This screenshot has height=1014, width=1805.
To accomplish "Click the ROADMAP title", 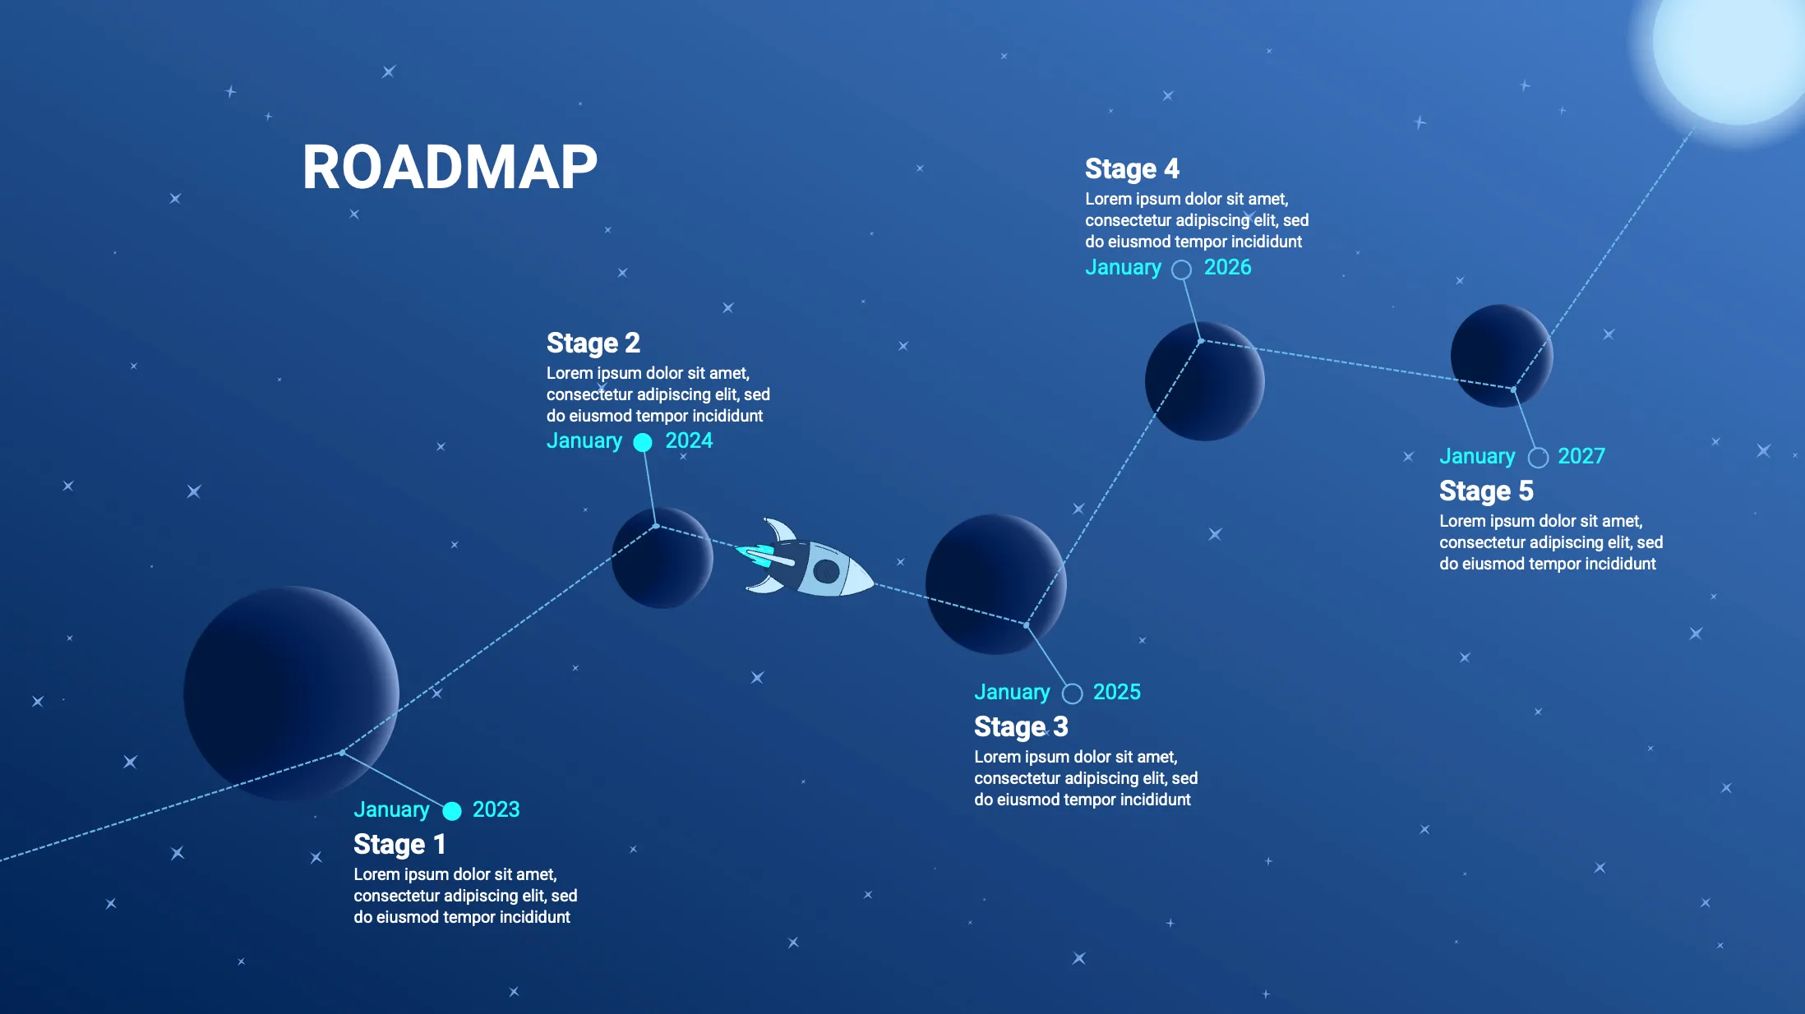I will [x=450, y=168].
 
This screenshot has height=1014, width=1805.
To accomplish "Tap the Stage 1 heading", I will [x=399, y=845].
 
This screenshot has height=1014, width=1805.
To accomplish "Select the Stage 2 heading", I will [x=593, y=343].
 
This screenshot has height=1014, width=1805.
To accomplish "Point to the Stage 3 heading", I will [x=1021, y=727].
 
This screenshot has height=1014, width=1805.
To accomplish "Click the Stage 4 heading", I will [x=1132, y=168].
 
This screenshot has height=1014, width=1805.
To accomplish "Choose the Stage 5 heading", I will [x=1486, y=491].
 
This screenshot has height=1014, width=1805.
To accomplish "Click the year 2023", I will [x=496, y=809].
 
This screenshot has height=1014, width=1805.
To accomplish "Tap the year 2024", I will [x=689, y=440].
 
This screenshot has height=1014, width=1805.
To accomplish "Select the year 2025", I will [x=1116, y=692].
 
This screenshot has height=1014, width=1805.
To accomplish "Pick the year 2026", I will [x=1227, y=267].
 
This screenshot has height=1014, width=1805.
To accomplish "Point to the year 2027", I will [x=1581, y=456].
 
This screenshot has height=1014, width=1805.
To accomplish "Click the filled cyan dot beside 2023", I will [x=452, y=811].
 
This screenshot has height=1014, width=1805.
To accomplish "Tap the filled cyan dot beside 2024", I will [x=643, y=443].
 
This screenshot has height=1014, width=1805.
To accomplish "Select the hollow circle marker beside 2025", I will [x=1072, y=694].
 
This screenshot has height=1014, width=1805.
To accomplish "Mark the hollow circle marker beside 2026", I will [x=1181, y=270].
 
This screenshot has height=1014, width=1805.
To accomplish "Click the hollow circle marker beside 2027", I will [x=1538, y=458].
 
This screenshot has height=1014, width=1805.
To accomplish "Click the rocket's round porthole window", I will [x=825, y=570].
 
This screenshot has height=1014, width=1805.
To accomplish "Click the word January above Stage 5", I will [x=1477, y=456].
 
